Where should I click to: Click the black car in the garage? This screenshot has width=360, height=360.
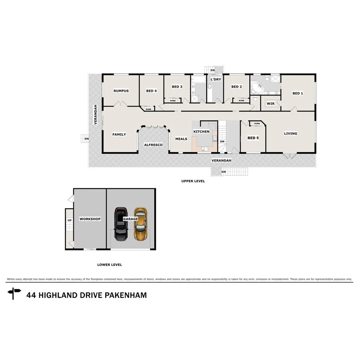[121, 224]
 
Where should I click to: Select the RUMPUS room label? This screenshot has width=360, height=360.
[121, 91]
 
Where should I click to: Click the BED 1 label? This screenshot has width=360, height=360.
[297, 93]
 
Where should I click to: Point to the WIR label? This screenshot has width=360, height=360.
[270, 104]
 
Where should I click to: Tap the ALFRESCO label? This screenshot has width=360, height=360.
[153, 145]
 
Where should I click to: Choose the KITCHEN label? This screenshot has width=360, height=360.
[201, 132]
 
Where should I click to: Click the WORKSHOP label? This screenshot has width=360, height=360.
[90, 219]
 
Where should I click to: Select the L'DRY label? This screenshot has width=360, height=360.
[215, 80]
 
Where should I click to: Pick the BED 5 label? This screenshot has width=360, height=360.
[253, 138]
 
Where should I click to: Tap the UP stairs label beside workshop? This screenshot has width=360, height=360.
[70, 221]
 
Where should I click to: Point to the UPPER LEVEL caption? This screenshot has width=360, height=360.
[193, 181]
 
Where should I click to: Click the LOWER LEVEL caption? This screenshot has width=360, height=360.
[109, 265]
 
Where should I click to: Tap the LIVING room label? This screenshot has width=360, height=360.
[290, 134]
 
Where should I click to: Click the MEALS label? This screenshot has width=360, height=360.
[181, 139]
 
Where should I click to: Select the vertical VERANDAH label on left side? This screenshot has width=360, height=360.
[95, 114]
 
